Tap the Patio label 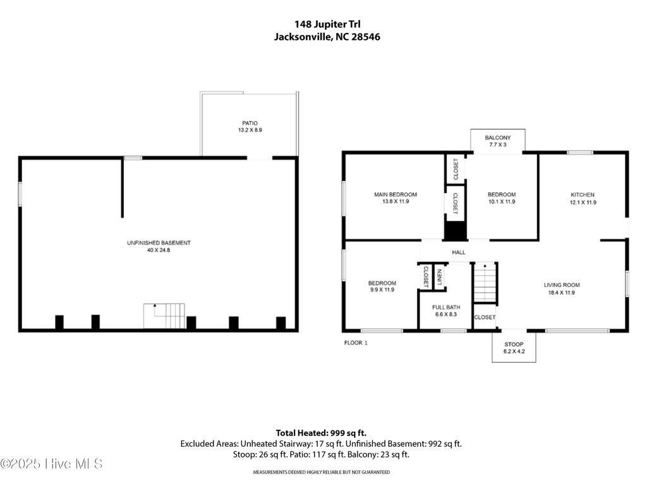(250, 123)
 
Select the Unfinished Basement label (159, 243)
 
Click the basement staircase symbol (165, 316)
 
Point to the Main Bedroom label (396, 195)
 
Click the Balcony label (497, 138)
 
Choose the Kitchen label (583, 195)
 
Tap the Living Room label (562, 285)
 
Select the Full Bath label (445, 306)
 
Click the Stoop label (514, 344)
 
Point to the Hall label (459, 252)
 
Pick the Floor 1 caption (355, 342)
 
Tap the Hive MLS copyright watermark (52, 464)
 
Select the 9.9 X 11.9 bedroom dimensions (382, 290)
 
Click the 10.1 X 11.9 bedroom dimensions (502, 202)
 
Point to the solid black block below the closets (454, 230)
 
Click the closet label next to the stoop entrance (485, 317)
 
